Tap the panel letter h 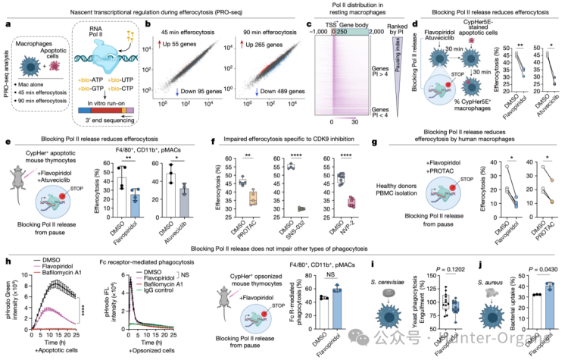click(6, 264)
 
